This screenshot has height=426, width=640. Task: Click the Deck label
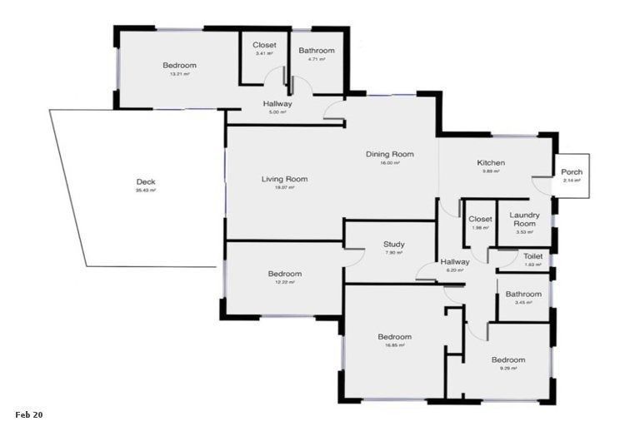point(146,182)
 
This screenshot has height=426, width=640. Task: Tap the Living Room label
point(284,179)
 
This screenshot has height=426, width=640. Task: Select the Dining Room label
point(390,154)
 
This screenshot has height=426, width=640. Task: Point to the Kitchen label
point(491,163)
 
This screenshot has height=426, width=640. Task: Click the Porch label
point(572,172)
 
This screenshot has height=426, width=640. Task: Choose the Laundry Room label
point(525,220)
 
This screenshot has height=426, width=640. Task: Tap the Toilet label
point(533,256)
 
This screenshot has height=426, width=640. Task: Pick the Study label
point(394,245)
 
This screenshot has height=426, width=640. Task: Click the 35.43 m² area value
point(146,191)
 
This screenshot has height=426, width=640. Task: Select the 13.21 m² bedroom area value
point(179,74)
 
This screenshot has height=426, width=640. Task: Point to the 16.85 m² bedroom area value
point(394,345)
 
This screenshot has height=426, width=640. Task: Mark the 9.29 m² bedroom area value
point(507,368)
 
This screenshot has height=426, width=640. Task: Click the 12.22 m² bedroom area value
point(284,282)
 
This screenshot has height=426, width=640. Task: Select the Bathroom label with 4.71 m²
point(317,51)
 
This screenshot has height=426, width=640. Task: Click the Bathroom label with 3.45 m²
point(523,294)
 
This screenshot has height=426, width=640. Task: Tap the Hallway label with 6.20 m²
point(456,261)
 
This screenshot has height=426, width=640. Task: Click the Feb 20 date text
point(28,414)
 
